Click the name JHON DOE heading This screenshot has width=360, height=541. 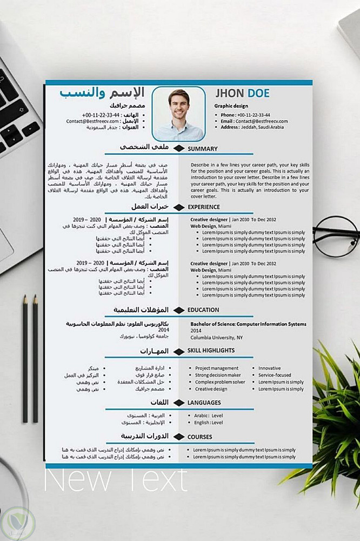242,94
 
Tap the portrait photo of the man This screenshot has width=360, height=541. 178,114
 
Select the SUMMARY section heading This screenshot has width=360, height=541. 203,149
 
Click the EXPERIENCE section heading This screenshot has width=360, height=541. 204,207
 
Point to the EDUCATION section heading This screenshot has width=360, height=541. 203,310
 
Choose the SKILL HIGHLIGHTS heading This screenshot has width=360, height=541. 211,351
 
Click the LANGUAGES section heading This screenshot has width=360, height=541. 204,403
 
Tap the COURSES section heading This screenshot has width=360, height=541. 200,437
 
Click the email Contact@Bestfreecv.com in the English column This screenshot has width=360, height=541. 254,121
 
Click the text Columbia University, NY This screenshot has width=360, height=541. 217,337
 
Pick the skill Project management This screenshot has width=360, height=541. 217,368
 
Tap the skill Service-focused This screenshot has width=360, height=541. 275,375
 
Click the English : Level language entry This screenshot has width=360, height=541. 209,422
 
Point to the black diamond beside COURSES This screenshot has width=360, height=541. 178,437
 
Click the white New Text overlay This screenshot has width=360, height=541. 115,479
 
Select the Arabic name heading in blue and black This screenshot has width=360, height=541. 103,93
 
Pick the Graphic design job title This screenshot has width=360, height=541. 231,106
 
